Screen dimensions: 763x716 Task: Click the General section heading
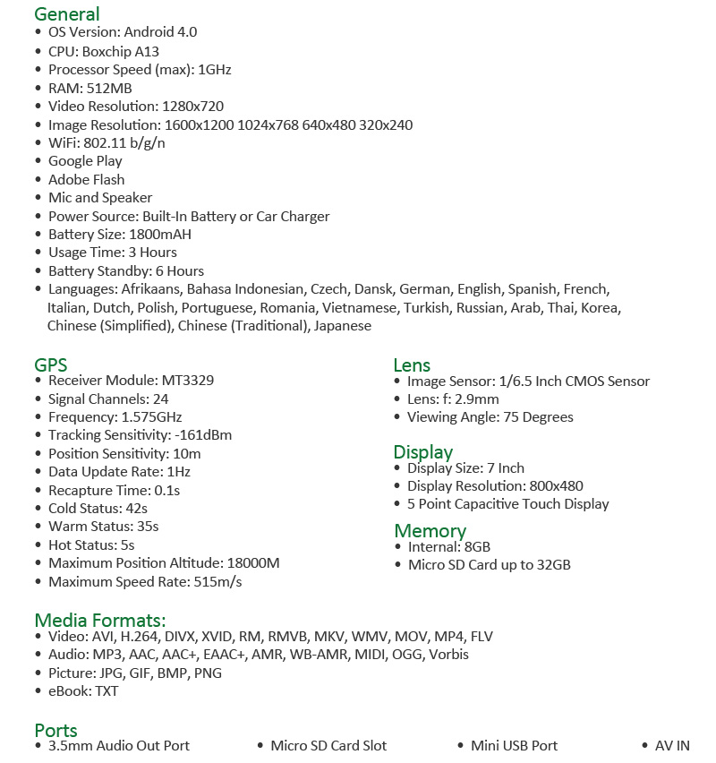tap(67, 13)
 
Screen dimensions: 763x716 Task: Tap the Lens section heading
tap(412, 364)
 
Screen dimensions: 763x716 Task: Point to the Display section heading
tap(423, 451)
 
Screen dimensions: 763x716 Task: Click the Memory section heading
tap(430, 530)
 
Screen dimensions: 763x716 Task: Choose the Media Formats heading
tap(100, 620)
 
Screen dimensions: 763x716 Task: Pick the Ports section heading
tap(56, 730)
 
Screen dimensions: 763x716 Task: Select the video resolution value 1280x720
tap(192, 106)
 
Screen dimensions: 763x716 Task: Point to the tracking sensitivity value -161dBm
tap(203, 435)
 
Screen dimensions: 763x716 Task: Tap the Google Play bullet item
tap(85, 161)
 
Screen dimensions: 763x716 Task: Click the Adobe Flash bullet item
tap(86, 179)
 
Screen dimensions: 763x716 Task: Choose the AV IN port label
tap(672, 746)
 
